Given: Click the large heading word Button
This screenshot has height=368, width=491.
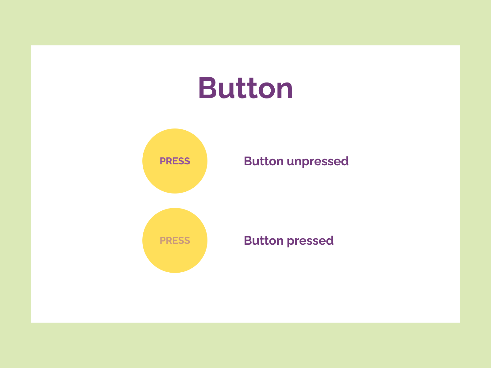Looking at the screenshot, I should (x=245, y=88).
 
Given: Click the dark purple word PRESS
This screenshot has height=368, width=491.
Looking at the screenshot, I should (x=175, y=161).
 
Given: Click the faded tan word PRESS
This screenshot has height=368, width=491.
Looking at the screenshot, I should (x=175, y=240).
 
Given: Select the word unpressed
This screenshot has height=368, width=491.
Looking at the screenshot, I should (x=318, y=162).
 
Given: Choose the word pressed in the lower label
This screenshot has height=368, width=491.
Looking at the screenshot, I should (x=310, y=241).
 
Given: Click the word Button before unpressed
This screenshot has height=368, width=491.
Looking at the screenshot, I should (x=264, y=161).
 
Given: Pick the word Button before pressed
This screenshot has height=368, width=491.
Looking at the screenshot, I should (x=264, y=240).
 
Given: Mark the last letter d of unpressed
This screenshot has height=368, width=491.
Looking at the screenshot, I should (x=345, y=161).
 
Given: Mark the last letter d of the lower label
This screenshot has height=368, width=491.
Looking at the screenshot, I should (x=330, y=240).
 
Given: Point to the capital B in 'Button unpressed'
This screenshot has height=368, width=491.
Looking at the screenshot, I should (x=247, y=161).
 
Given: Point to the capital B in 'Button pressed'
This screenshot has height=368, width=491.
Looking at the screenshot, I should (x=247, y=240).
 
